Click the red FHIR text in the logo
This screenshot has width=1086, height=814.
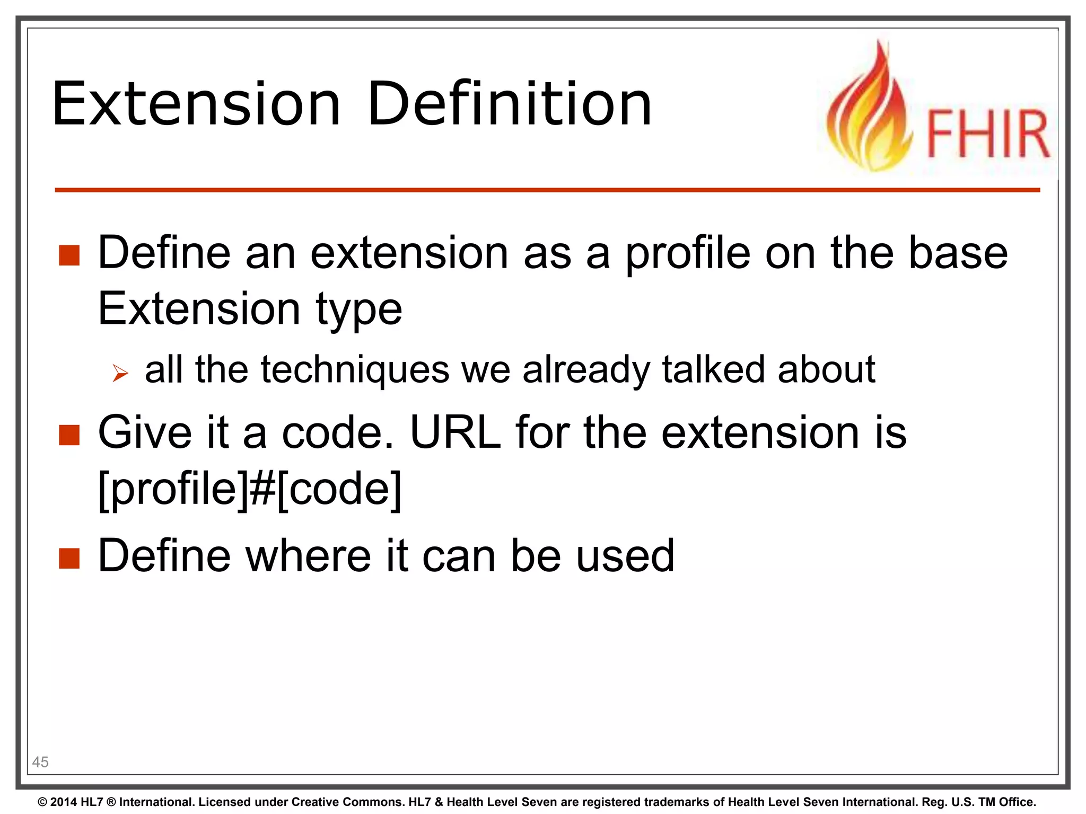[987, 134]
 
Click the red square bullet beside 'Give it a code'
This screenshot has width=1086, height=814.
[69, 435]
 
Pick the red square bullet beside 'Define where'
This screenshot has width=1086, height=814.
[69, 558]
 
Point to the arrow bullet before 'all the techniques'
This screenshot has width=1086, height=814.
[120, 374]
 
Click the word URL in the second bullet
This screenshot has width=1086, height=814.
[455, 433]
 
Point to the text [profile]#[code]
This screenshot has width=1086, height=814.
[250, 489]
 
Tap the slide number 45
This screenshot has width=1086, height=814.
[40, 762]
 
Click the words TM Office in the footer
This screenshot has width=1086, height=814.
[1007, 802]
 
